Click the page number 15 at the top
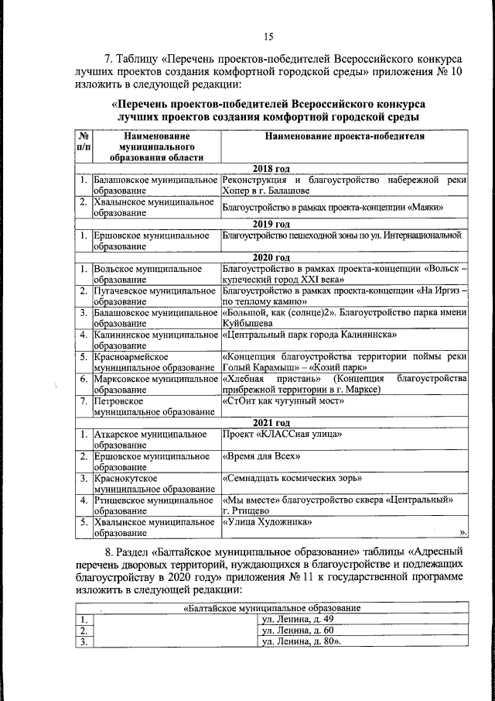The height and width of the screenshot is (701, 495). tap(268, 36)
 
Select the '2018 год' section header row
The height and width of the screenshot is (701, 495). tap(271, 168)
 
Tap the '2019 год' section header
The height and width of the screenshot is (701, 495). tap(271, 222)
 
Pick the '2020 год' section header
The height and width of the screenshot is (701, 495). tap(271, 257)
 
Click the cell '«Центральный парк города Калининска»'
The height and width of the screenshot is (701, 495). tap(309, 335)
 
